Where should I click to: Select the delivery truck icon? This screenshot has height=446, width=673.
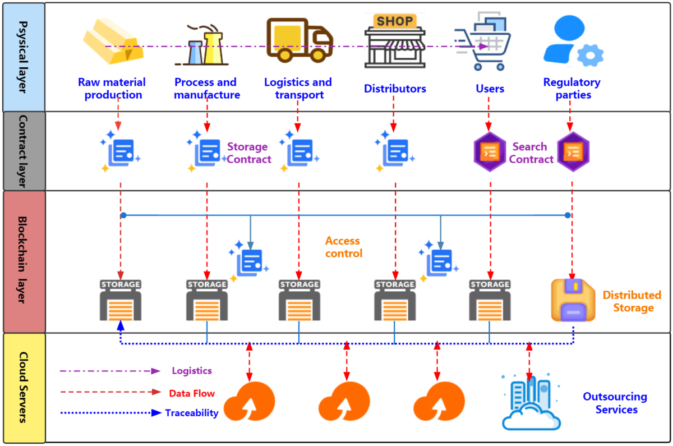click(x=298, y=39)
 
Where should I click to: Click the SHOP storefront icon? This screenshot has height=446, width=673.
click(x=395, y=39)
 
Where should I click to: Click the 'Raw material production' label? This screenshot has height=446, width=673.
click(x=112, y=89)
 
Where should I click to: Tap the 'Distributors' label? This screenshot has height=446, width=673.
click(x=395, y=89)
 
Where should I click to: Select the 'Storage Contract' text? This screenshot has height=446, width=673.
click(x=248, y=153)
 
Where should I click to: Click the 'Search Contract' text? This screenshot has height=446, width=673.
click(x=531, y=153)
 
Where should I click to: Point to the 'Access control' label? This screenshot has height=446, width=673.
click(x=343, y=247)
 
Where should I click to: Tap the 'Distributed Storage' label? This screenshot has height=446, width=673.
click(x=633, y=301)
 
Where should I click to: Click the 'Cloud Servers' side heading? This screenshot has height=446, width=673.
click(x=23, y=387)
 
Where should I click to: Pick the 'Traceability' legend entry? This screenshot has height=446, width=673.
click(x=191, y=413)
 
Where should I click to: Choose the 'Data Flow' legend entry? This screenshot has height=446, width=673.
click(x=191, y=393)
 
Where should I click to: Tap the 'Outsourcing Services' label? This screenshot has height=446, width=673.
click(x=615, y=403)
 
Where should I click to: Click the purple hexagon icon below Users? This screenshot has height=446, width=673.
click(x=490, y=152)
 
